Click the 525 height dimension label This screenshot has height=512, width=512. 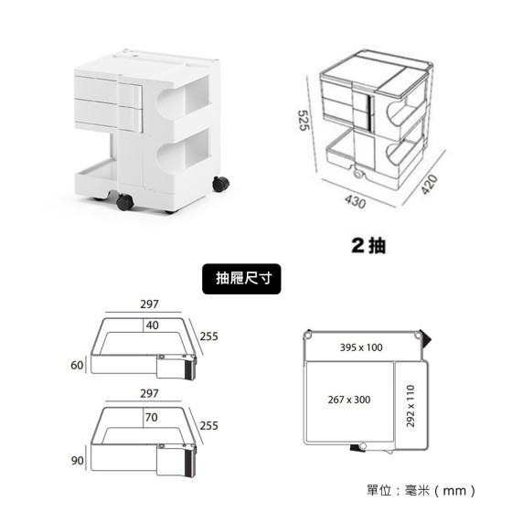point(304,121)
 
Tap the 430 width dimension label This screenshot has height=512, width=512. point(355,201)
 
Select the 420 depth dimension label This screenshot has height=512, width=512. point(429,185)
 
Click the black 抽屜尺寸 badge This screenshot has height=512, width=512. point(241,279)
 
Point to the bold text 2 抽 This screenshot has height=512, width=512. point(368,245)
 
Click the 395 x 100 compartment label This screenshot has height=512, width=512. point(361,347)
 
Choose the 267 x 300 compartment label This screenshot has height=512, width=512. point(349,400)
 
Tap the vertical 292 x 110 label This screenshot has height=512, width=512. point(411,406)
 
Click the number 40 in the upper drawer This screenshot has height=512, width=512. point(152,325)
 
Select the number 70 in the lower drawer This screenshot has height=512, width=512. point(151,417)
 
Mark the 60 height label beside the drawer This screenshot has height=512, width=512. point(77,365)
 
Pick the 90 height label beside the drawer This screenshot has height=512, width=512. point(78,461)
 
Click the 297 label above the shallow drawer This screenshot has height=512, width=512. point(149,304)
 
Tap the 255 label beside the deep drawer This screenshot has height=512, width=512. point(209,426)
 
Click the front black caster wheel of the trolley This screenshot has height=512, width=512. point(124,202)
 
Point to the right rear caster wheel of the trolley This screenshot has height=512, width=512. point(220,184)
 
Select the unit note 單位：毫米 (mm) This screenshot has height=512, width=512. point(421,490)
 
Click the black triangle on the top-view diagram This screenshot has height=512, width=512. point(425,338)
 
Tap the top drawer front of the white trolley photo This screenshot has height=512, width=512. point(108,90)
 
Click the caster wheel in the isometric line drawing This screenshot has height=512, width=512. point(357,174)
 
